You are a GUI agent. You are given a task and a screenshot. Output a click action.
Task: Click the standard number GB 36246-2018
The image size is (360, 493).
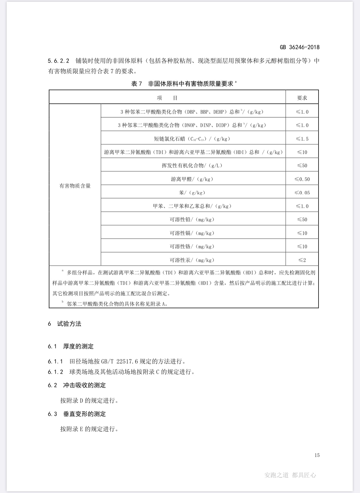pos(299,47)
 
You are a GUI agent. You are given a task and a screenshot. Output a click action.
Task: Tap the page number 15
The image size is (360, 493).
pos(317,455)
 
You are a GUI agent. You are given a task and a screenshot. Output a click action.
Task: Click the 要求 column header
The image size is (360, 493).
pos(302,98)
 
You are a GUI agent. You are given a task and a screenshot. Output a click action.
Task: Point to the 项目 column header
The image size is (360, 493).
pos(167,98)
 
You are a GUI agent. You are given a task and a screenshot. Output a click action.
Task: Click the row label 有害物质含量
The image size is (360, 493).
pos(75,186)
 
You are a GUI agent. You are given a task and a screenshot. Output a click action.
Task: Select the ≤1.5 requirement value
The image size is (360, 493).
pos(302,139)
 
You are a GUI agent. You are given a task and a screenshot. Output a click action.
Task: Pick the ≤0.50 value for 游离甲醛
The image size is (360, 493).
pos(302,179)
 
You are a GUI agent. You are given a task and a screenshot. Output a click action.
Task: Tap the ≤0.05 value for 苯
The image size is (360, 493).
pos(302,193)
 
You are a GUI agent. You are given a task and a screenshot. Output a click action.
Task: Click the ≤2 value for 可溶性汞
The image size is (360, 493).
pos(302,260)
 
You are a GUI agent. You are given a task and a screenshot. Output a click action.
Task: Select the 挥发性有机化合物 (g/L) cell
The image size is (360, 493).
pos(192,165)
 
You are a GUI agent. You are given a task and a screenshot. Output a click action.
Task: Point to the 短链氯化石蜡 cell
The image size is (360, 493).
pos(192,139)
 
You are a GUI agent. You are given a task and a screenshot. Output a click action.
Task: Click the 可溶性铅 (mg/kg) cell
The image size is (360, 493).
pos(192,219)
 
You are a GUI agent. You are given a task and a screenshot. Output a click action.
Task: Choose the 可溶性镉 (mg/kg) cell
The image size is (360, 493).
pos(192,233)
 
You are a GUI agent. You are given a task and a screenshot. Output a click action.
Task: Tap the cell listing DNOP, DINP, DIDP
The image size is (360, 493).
pos(192,125)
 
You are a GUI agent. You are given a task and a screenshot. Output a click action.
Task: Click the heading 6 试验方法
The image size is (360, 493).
pos(65,324)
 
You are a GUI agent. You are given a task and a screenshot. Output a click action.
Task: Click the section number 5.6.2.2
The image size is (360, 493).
pos(59,61)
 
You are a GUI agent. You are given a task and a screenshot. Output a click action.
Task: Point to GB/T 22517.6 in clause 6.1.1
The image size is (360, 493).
pos(120,361)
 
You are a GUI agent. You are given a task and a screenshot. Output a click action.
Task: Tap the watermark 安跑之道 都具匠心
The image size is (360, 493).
pos(290,475)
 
